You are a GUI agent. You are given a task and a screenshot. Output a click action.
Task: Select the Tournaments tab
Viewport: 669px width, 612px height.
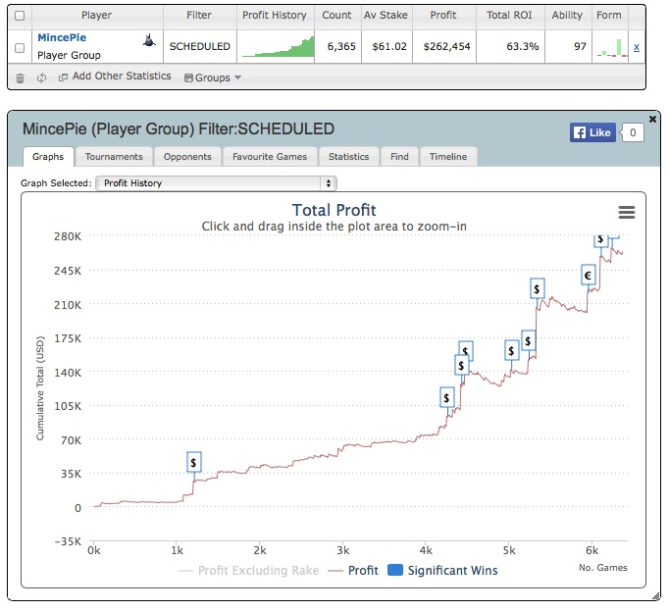pyautogui.click(x=114, y=156)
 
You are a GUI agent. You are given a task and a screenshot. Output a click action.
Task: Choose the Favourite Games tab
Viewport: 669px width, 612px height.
pyautogui.click(x=270, y=156)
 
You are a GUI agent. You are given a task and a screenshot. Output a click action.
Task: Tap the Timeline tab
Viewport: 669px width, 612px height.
pyautogui.click(x=448, y=156)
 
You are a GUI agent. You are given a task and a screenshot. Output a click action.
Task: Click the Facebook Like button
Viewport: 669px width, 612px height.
pyautogui.click(x=592, y=132)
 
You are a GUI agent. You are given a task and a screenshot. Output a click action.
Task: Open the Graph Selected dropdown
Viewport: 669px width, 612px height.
pyautogui.click(x=216, y=183)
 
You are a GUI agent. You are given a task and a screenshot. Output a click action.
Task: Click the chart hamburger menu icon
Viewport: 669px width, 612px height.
pyautogui.click(x=627, y=212)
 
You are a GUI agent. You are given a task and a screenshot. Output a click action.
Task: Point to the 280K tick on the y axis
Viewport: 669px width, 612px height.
pyautogui.click(x=68, y=236)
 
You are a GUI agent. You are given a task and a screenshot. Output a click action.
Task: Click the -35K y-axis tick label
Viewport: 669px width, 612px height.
pyautogui.click(x=65, y=541)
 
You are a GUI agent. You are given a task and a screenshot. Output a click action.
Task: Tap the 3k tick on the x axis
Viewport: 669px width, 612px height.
pyautogui.click(x=342, y=551)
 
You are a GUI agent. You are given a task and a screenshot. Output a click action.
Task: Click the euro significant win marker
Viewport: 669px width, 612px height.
pyautogui.click(x=589, y=276)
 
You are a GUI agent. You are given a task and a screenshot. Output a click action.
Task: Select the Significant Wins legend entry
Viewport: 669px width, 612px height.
pyautogui.click(x=442, y=571)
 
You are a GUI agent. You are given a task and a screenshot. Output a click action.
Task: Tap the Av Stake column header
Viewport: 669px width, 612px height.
pyautogui.click(x=385, y=16)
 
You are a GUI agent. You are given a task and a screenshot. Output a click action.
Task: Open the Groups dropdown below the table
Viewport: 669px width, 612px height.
pyautogui.click(x=212, y=77)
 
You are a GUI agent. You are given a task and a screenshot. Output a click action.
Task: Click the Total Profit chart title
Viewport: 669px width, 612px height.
pyautogui.click(x=334, y=210)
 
